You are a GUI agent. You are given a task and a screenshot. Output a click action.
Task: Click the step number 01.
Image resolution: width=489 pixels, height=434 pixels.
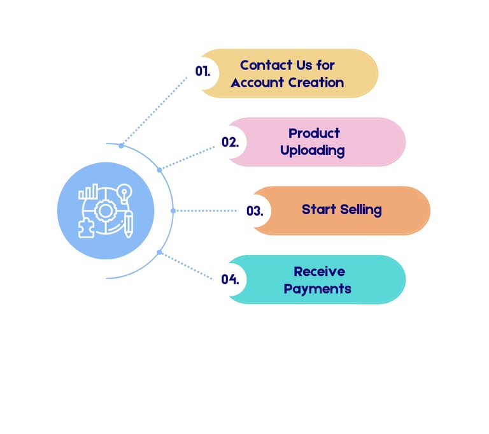pos(202,72)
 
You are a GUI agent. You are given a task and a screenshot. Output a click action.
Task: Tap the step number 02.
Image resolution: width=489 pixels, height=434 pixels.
pos(230,142)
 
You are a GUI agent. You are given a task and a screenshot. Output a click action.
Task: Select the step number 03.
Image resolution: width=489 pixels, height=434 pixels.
pos(255,211)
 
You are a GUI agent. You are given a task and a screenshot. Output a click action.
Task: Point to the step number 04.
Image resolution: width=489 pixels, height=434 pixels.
pos(230,280)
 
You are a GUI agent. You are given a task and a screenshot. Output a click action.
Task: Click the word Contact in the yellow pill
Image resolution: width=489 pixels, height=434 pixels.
pos(264,65)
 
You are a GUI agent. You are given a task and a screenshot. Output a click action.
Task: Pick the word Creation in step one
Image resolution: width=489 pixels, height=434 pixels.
pos(316,82)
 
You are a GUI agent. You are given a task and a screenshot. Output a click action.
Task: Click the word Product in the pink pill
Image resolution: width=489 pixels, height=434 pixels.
pos(314,133)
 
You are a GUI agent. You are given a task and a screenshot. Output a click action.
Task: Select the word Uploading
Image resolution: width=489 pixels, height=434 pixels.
pos(313,151)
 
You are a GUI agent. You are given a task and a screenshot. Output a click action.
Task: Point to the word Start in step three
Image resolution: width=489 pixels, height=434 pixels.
pos(317,210)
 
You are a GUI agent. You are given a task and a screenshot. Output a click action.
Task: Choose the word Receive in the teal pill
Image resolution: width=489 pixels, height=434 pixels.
pos(319,271)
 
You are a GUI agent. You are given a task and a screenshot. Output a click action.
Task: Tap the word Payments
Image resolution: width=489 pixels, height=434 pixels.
pos(317,289)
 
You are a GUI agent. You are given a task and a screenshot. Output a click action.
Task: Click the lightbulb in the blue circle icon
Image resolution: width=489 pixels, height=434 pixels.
pos(125,191)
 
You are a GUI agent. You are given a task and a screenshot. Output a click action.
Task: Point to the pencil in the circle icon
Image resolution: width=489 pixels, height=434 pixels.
pos(129,224)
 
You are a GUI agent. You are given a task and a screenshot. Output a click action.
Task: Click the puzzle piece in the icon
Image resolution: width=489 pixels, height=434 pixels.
pos(85,228)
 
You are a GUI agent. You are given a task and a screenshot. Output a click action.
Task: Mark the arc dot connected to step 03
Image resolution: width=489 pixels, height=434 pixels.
pos(173,210)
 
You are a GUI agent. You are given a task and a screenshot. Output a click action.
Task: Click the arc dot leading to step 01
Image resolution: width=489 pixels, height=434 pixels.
pos(121,145)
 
